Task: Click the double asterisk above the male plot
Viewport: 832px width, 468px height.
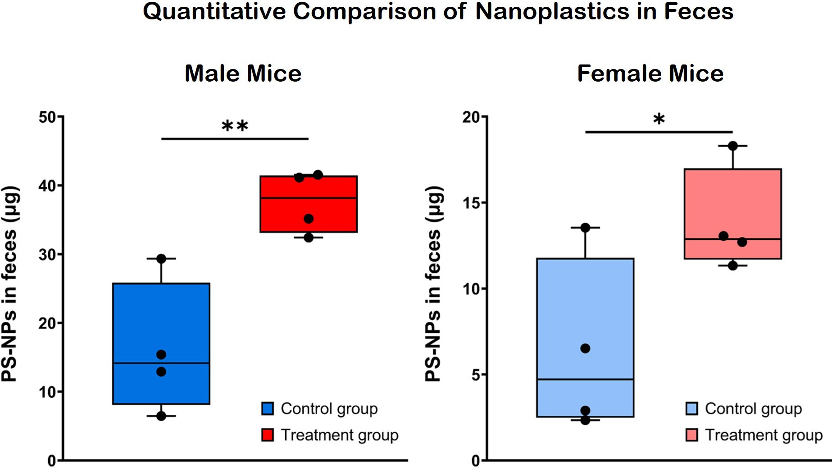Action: [235, 126]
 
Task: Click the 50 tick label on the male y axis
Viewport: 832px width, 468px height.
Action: [47, 117]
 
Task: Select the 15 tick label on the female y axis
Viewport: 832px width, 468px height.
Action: [471, 203]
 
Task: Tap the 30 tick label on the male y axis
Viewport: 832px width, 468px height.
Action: [47, 255]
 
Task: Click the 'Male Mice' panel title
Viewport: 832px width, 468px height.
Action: [243, 73]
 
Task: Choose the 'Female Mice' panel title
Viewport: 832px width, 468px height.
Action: [650, 73]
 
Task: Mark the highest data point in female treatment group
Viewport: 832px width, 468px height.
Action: [732, 146]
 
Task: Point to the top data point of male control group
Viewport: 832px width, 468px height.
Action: [161, 259]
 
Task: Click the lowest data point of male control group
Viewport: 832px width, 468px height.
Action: [161, 416]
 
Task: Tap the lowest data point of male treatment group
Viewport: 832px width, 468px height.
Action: [309, 238]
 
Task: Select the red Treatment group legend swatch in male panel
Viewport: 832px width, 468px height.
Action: [268, 435]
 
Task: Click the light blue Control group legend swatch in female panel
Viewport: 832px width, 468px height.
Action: [691, 408]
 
